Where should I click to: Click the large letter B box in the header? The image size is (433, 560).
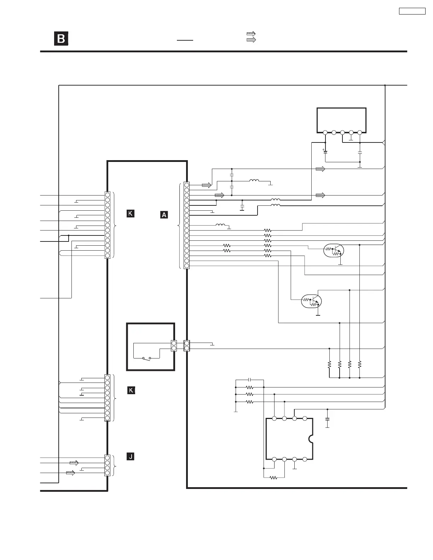(61, 39)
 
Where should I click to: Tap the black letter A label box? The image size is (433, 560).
(164, 215)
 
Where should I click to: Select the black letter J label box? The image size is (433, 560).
(131, 456)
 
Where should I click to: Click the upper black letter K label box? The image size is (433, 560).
(131, 213)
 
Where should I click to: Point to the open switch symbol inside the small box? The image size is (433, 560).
(146, 358)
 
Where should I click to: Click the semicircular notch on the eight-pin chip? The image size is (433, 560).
(311, 439)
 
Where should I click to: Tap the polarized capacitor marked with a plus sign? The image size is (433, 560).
(325, 152)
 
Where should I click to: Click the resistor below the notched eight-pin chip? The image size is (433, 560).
(273, 478)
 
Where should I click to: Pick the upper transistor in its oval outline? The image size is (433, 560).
(334, 251)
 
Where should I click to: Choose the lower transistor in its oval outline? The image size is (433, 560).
(311, 301)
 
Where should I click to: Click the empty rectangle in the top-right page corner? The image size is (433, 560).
(412, 11)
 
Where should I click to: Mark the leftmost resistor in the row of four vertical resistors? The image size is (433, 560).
(329, 364)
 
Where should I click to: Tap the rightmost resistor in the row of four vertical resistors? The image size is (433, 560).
(359, 364)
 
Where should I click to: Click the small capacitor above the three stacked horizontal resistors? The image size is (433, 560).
(250, 380)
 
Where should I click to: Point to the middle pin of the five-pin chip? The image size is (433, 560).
(342, 133)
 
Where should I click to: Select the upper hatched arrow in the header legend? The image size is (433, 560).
(251, 34)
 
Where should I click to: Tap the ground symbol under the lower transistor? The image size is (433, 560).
(318, 314)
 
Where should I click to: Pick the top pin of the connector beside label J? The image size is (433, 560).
(108, 457)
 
